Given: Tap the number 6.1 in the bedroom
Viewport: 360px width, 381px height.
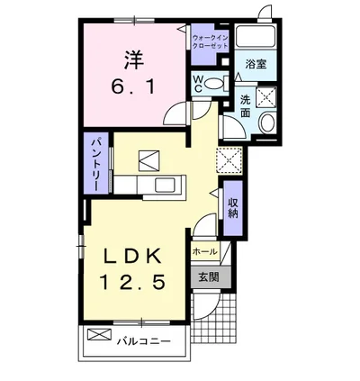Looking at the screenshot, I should click(133, 90).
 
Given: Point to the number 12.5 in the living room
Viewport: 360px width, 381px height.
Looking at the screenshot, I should click(131, 283).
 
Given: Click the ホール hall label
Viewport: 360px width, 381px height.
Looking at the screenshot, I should click(204, 252).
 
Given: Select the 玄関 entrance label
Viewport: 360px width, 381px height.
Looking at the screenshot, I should click(208, 277).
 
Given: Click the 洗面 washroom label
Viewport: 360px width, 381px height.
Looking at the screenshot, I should click(246, 106).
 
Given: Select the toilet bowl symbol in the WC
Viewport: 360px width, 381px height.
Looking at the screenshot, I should click(213, 84).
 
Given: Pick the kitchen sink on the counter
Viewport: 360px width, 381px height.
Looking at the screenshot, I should click(167, 186).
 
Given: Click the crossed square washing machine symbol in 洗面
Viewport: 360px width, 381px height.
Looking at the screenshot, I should click(267, 98).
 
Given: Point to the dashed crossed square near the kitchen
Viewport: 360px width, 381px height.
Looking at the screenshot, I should click(227, 159).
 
